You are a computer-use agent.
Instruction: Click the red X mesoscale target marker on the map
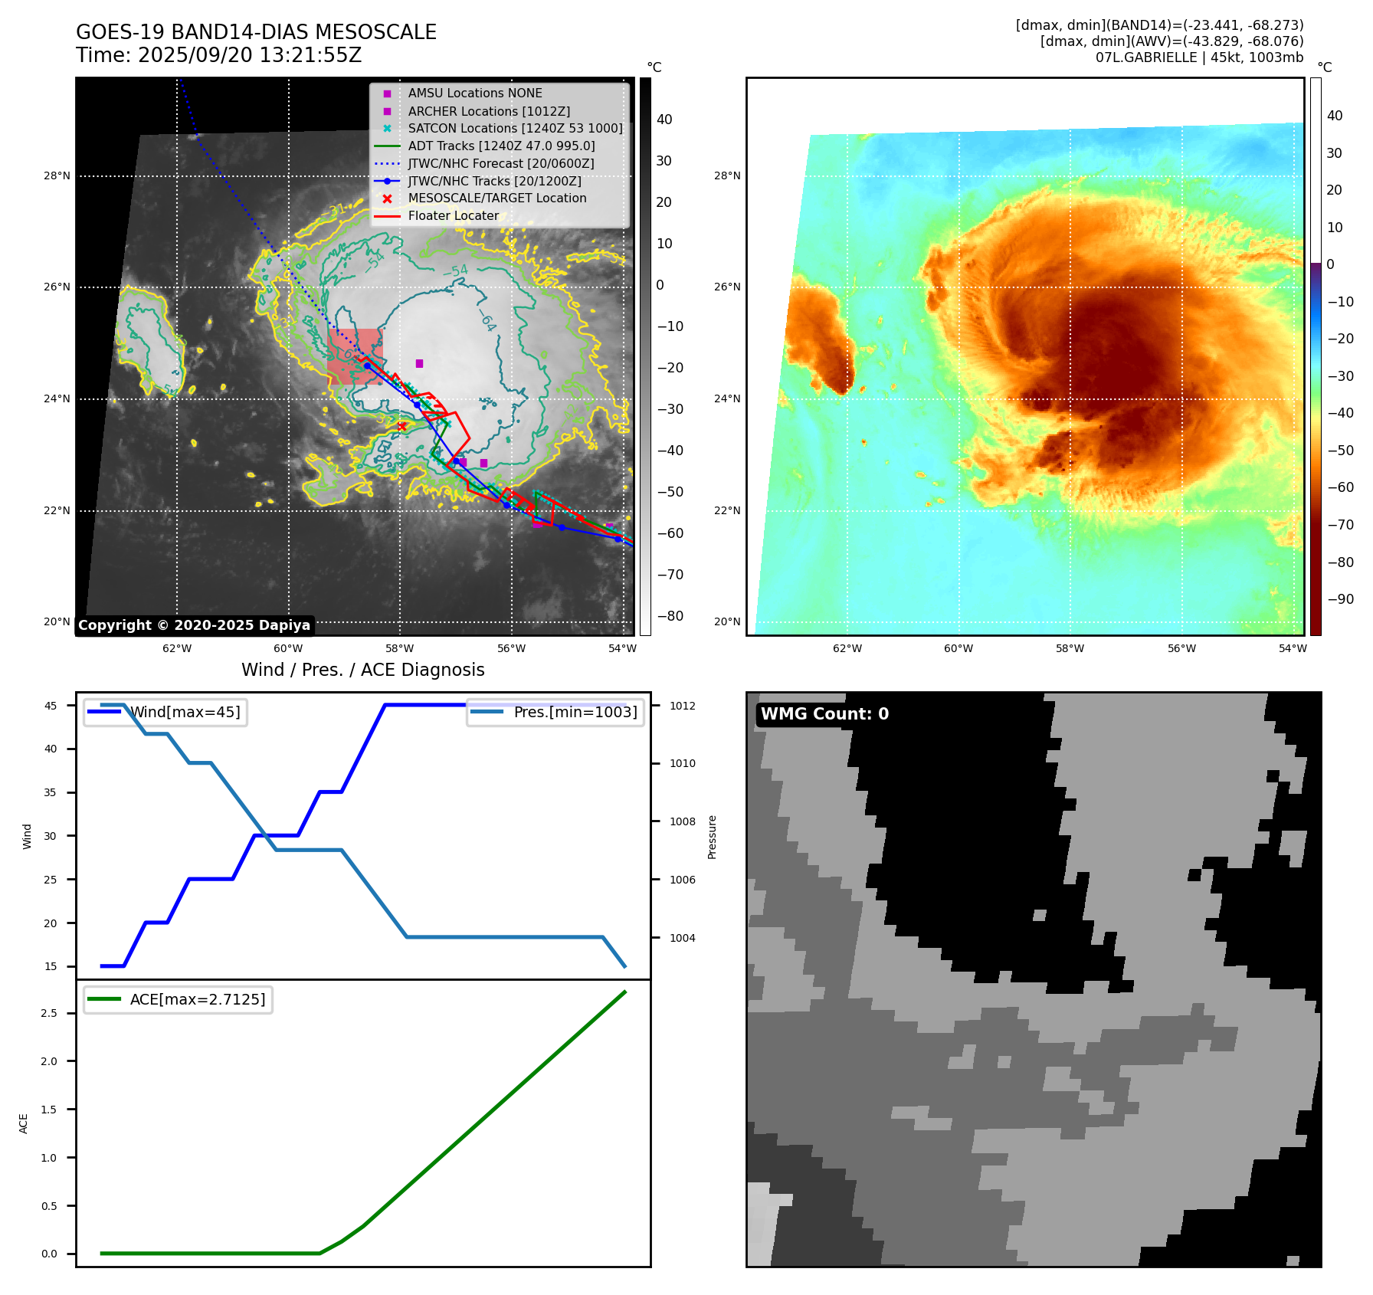pyautogui.click(x=401, y=426)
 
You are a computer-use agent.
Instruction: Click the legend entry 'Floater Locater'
pyautogui.click(x=453, y=216)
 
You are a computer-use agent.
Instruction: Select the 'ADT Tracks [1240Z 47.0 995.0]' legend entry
pyautogui.click(x=501, y=146)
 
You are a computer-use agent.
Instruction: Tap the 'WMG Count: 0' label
pyautogui.click(x=824, y=714)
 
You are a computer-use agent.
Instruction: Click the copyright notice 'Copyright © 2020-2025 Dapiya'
pyautogui.click(x=194, y=625)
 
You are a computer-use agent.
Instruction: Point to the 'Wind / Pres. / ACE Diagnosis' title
pyautogui.click(x=362, y=670)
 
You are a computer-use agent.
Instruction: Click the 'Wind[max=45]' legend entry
pyautogui.click(x=185, y=712)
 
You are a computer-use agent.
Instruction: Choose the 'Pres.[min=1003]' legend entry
pyautogui.click(x=575, y=712)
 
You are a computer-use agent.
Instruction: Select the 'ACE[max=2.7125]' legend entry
pyautogui.click(x=197, y=999)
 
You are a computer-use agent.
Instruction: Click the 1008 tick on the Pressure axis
pyautogui.click(x=682, y=821)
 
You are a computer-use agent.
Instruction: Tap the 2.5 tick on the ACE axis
pyautogui.click(x=49, y=1013)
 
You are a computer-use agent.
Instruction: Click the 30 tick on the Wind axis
pyautogui.click(x=51, y=836)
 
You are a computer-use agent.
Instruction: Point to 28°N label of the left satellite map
pyautogui.click(x=57, y=176)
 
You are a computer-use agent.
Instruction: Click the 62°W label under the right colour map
pyautogui.click(x=847, y=648)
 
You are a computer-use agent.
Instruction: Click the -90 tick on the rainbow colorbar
pyautogui.click(x=1340, y=599)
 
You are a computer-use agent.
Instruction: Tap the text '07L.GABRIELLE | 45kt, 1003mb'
pyautogui.click(x=1199, y=57)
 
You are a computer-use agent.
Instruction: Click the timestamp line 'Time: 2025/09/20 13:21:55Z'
pyautogui.click(x=218, y=55)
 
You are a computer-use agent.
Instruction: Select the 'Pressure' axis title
pyautogui.click(x=712, y=837)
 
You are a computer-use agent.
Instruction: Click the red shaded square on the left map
pyautogui.click(x=355, y=356)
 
